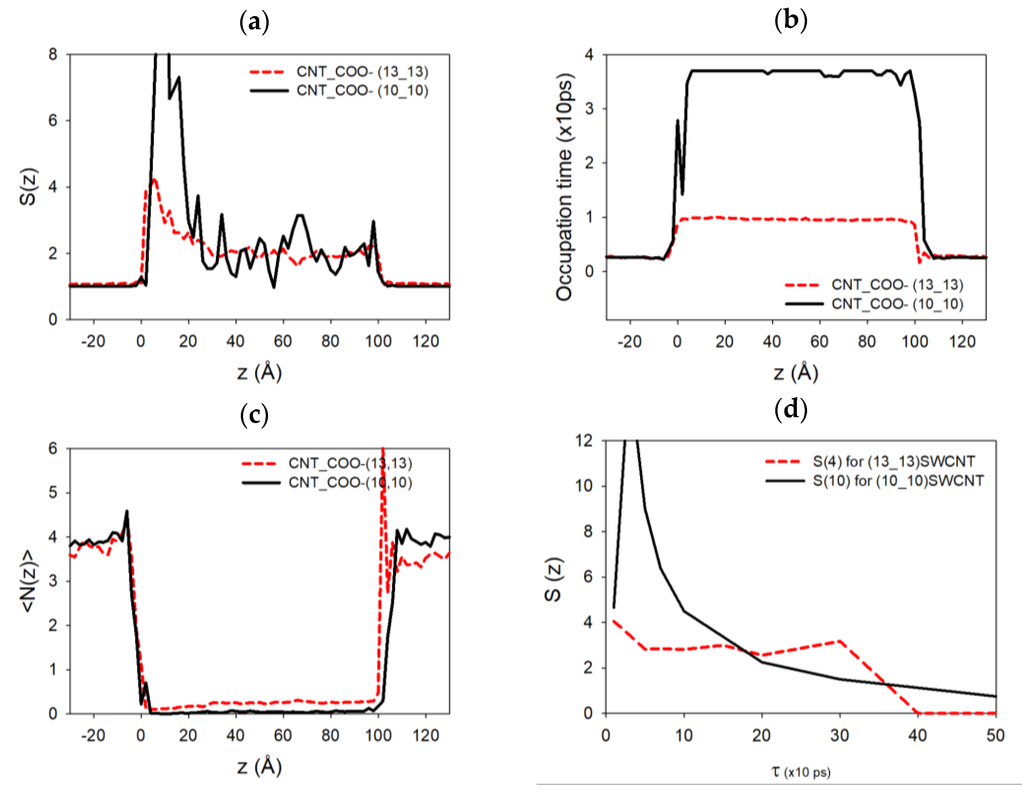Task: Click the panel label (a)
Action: click(x=254, y=22)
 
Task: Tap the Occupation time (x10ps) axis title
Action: click(x=564, y=186)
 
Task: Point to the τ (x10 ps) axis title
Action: click(x=801, y=771)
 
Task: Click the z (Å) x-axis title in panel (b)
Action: click(x=796, y=373)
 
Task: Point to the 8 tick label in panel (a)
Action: click(x=53, y=54)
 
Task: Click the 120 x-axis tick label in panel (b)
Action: click(x=962, y=341)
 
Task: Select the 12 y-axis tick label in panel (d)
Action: click(x=585, y=441)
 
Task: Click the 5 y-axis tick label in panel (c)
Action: click(x=53, y=492)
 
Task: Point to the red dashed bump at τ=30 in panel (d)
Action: click(x=840, y=641)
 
